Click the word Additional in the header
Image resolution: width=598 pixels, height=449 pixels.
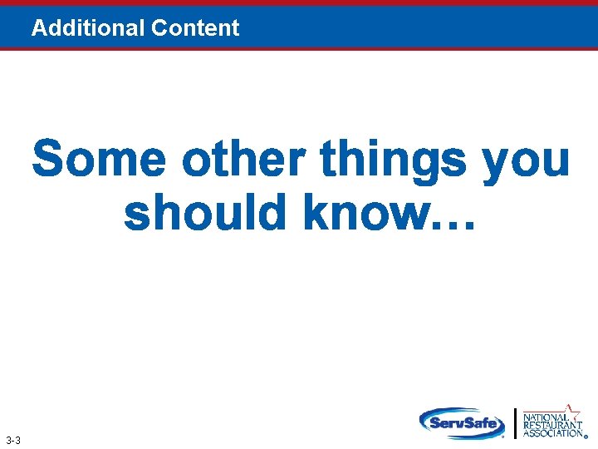(x=88, y=27)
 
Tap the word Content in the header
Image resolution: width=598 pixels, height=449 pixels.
(x=195, y=27)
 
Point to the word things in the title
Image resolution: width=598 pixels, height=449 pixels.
(x=393, y=160)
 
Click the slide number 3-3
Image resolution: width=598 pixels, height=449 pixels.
(x=13, y=440)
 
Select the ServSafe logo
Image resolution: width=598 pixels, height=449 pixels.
(x=462, y=422)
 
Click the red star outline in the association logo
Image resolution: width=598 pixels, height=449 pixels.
(x=571, y=410)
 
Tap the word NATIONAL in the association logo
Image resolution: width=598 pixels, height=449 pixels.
(x=545, y=417)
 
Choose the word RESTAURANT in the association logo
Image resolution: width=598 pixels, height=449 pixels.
(x=552, y=425)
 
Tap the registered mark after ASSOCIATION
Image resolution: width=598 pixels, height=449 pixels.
(x=586, y=436)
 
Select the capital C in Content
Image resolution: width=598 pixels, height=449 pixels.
(x=159, y=27)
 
